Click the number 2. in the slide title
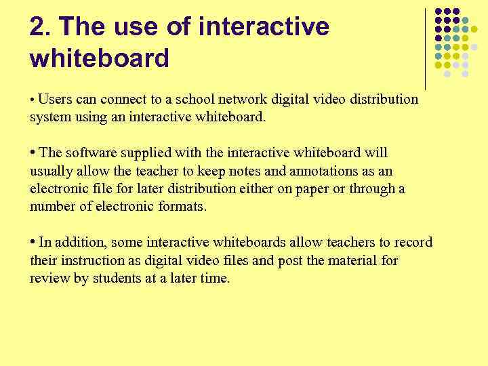(x=40, y=28)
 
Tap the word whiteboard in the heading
(x=99, y=59)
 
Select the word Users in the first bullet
(x=54, y=99)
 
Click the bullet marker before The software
(x=33, y=152)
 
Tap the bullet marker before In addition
(x=33, y=242)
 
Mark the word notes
(x=235, y=171)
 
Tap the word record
(x=413, y=243)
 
